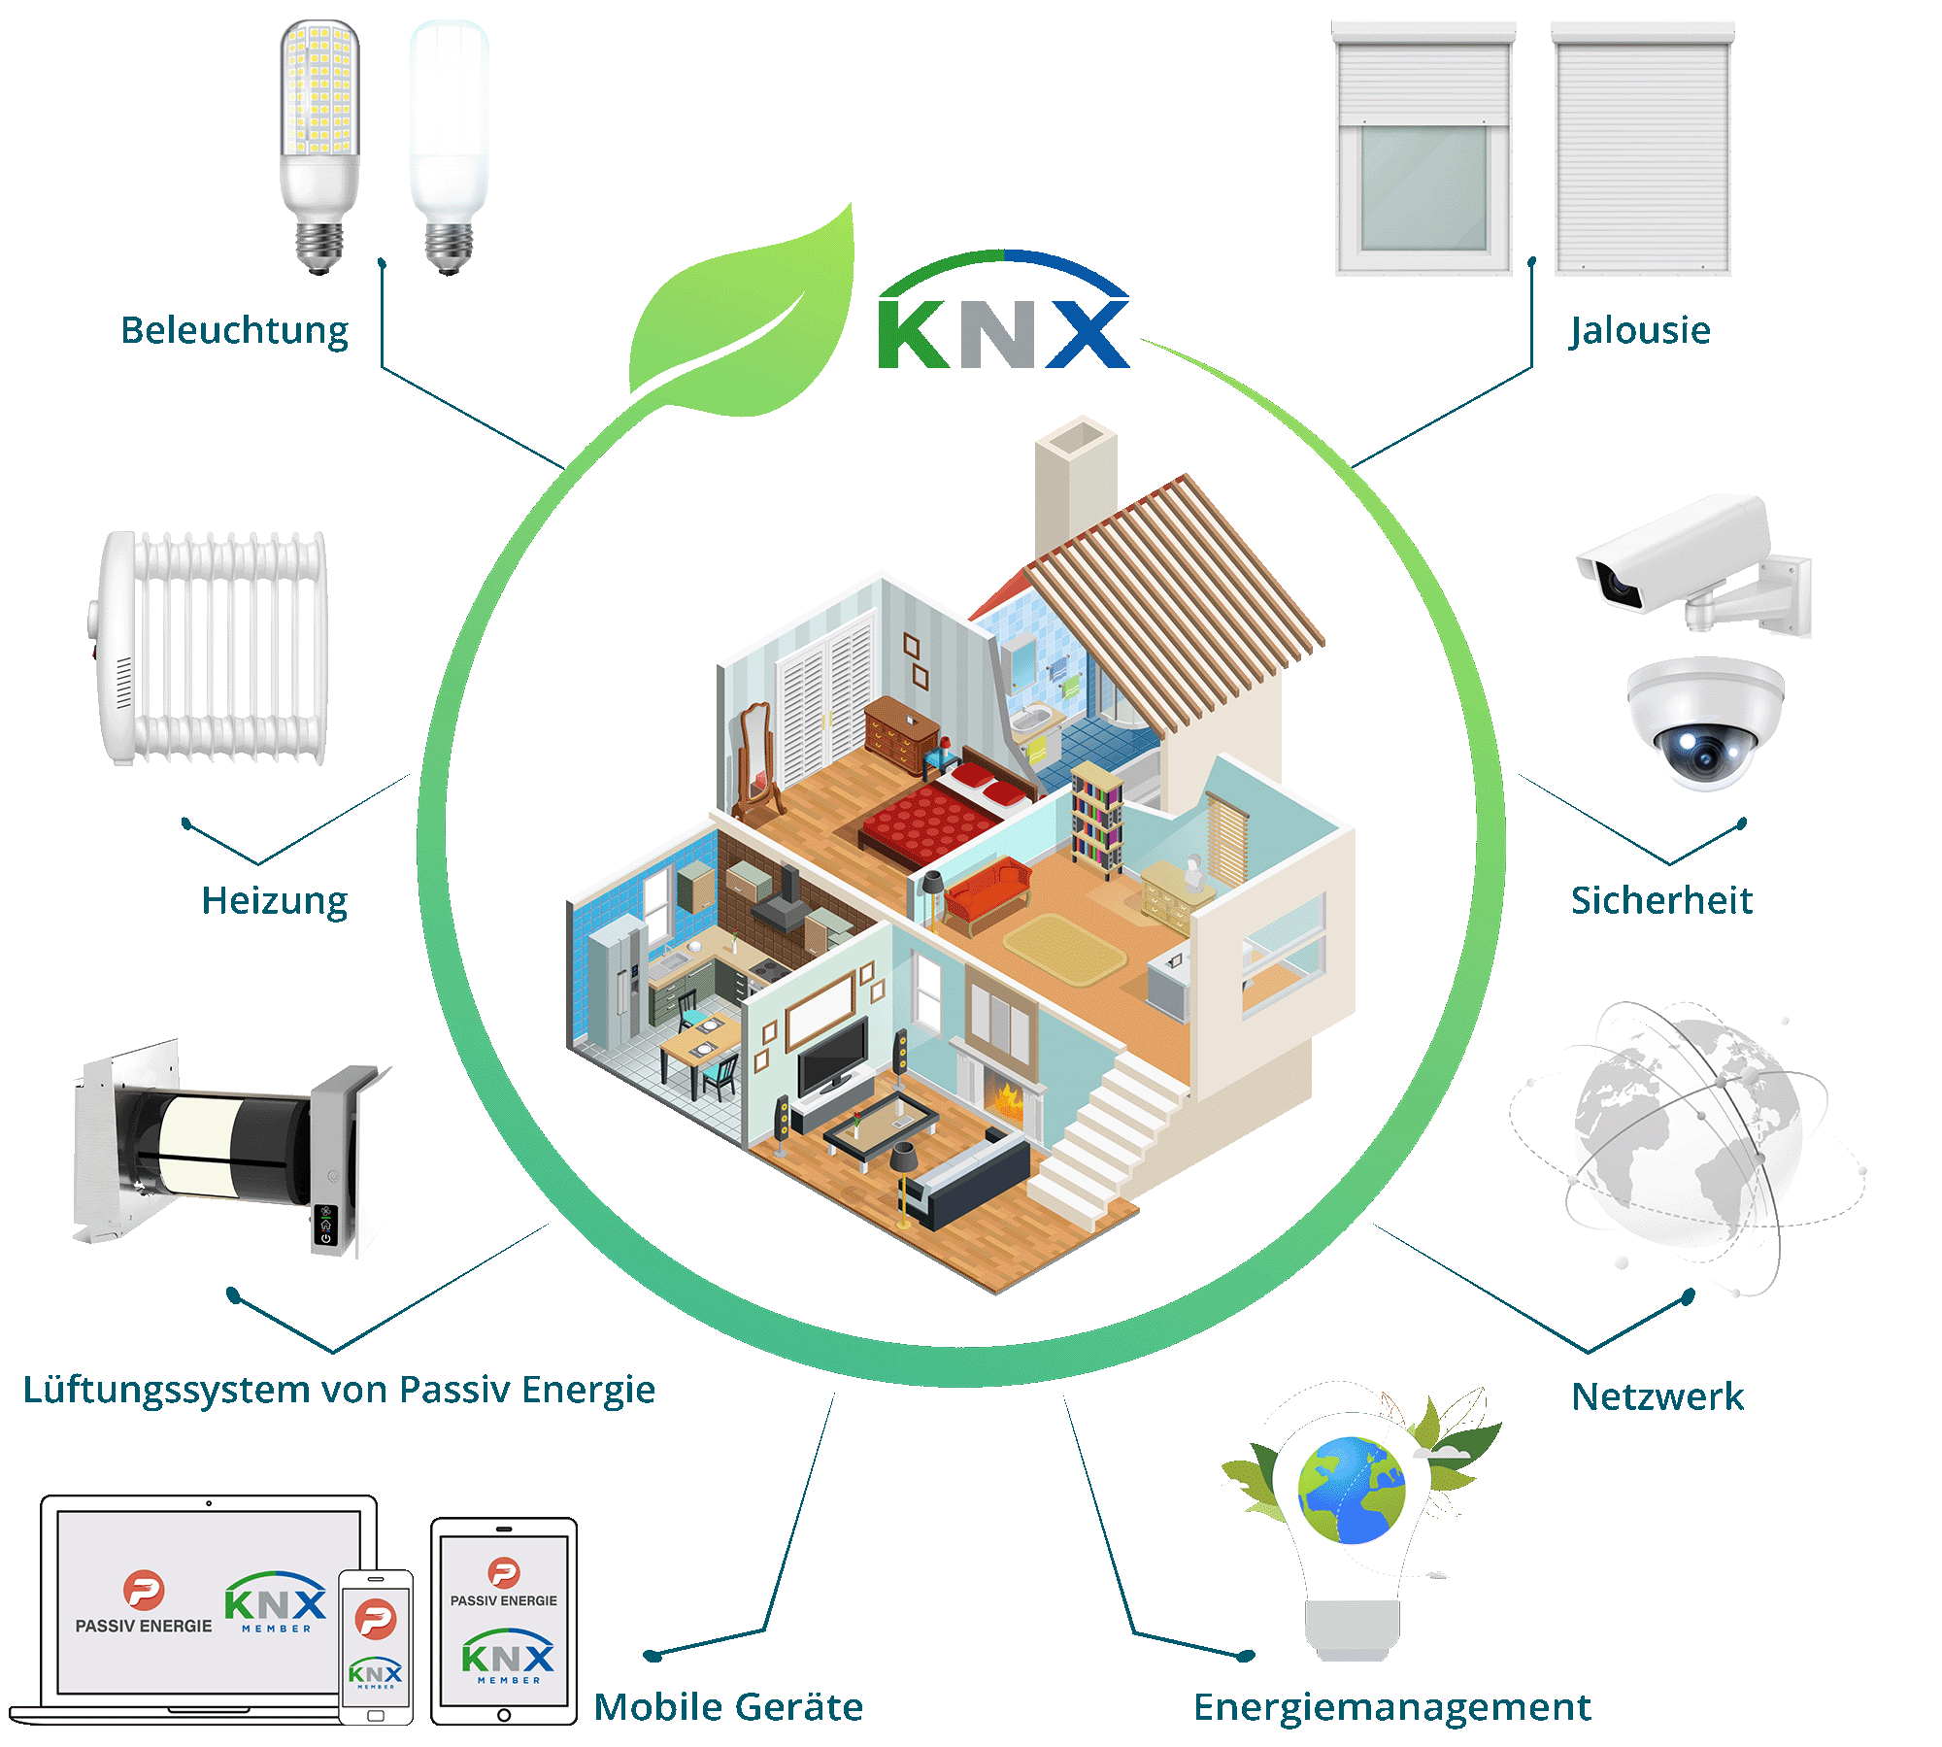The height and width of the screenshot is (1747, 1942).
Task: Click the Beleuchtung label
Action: tap(234, 331)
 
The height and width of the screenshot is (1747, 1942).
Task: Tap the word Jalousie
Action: tap(1640, 331)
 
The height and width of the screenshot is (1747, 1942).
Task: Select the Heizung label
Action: tap(274, 901)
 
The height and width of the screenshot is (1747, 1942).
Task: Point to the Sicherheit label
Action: tap(1661, 901)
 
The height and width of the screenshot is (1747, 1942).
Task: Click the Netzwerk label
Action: tap(1657, 1397)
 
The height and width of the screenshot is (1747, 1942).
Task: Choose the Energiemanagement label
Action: tap(1391, 1707)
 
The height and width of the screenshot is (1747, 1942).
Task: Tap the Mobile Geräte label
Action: tap(728, 1707)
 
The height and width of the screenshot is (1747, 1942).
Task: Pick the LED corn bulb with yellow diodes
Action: tap(319, 146)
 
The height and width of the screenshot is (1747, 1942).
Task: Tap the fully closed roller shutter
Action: tap(1643, 151)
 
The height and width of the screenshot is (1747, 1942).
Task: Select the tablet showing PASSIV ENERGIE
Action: tap(504, 1621)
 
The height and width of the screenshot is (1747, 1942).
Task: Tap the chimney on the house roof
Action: tap(1076, 486)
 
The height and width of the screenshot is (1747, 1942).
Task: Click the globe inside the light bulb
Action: tap(1352, 1491)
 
